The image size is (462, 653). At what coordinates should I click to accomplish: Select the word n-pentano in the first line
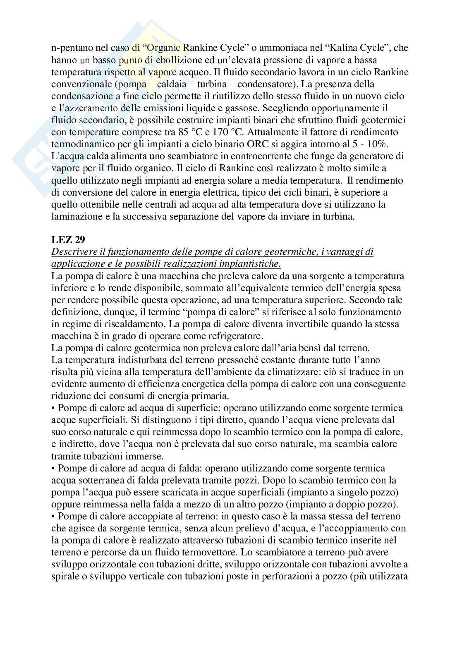[x=69, y=48]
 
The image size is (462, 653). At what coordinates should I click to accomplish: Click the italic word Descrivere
[x=73, y=252]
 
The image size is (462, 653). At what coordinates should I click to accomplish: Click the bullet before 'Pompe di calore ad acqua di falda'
[x=54, y=469]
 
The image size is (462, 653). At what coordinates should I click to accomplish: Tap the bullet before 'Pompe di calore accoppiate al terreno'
[x=54, y=517]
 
